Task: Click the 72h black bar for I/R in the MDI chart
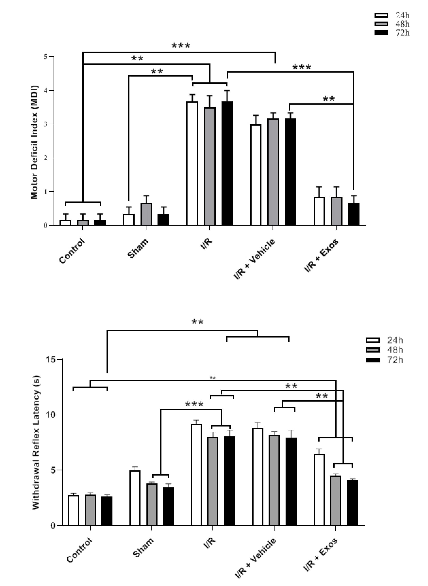click(x=227, y=163)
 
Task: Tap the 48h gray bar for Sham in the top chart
click(x=146, y=214)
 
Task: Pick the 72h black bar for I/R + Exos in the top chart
click(x=354, y=214)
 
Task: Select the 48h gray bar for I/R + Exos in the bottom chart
click(x=336, y=501)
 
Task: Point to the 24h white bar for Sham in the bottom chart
click(x=135, y=498)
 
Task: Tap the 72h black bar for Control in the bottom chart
click(x=107, y=511)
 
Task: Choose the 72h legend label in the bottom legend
click(x=395, y=360)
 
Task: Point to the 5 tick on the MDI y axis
click(x=46, y=56)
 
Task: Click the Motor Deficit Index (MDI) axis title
click(x=34, y=142)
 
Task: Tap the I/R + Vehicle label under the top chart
click(x=254, y=259)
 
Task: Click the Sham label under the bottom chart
click(x=143, y=547)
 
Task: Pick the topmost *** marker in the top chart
click(x=181, y=46)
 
